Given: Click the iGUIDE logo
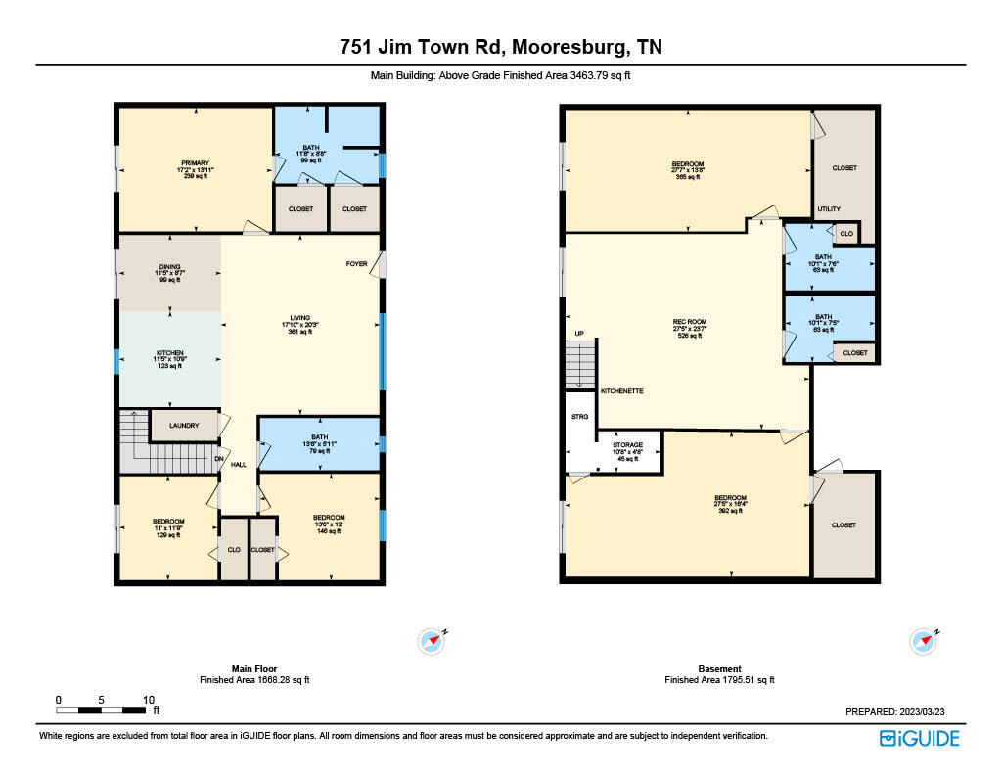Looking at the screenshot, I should [x=919, y=738].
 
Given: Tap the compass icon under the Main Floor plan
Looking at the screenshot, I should [x=432, y=641].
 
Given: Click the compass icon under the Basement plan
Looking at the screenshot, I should [x=923, y=641].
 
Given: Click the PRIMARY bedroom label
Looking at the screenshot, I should [x=195, y=163].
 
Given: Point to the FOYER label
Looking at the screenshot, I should [x=356, y=264].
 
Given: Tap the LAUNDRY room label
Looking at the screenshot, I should [x=184, y=426].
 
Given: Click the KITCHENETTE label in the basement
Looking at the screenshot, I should [x=621, y=390].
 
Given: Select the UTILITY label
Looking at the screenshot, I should [x=829, y=209].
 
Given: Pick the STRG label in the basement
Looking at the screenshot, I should [x=579, y=418].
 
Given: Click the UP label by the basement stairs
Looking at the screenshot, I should [x=579, y=334].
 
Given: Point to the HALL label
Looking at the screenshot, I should [x=238, y=465].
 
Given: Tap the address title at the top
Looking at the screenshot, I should [x=500, y=47].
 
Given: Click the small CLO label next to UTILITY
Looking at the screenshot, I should [x=846, y=234].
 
